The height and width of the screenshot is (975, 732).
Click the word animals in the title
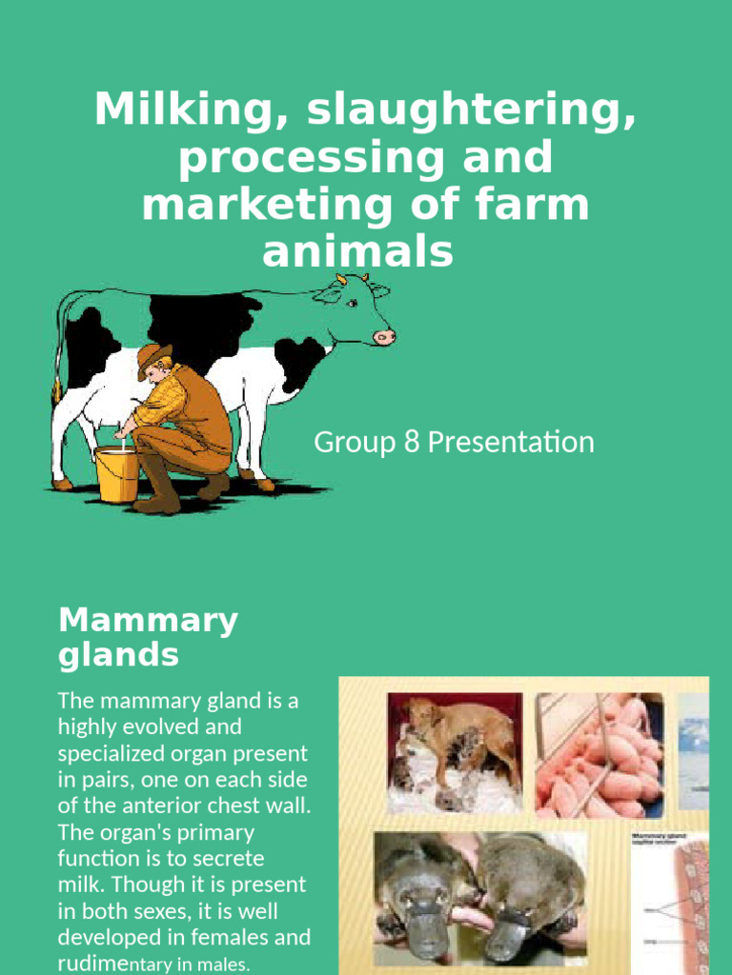coord(356,252)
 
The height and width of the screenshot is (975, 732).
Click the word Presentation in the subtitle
coord(511,442)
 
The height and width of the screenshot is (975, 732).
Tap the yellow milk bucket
coord(117,474)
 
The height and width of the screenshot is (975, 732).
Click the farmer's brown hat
coord(152,357)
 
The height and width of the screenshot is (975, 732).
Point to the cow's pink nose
coord(384,337)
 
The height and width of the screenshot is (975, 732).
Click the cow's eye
coord(352,303)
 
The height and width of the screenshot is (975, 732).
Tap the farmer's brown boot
coord(157,490)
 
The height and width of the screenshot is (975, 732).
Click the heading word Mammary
coord(148,620)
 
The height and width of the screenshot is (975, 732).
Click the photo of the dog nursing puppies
coord(454,751)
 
